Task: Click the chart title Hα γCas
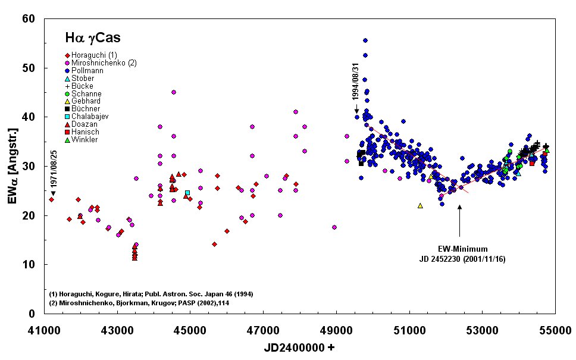[x=92, y=39]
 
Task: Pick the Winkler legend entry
[x=85, y=140]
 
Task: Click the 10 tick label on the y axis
[x=30, y=264]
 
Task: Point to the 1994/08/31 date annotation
[x=355, y=88]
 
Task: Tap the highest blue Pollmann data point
[x=365, y=40]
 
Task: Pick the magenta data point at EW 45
[x=173, y=92]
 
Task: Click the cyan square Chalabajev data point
[x=187, y=193]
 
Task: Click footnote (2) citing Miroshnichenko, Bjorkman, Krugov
[x=140, y=303]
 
